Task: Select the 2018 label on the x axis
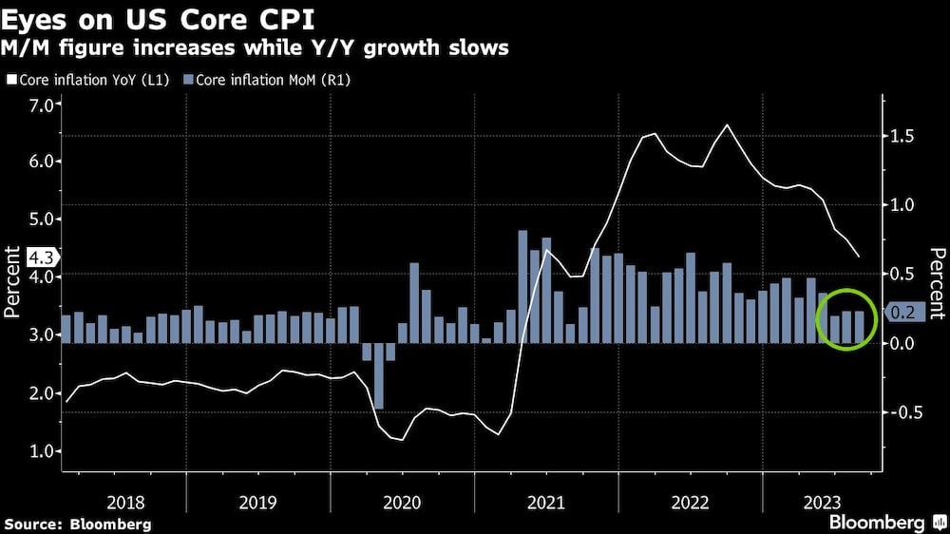[125, 501]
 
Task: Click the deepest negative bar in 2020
[378, 375]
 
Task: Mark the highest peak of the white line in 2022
[727, 124]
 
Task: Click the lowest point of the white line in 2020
[402, 440]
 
